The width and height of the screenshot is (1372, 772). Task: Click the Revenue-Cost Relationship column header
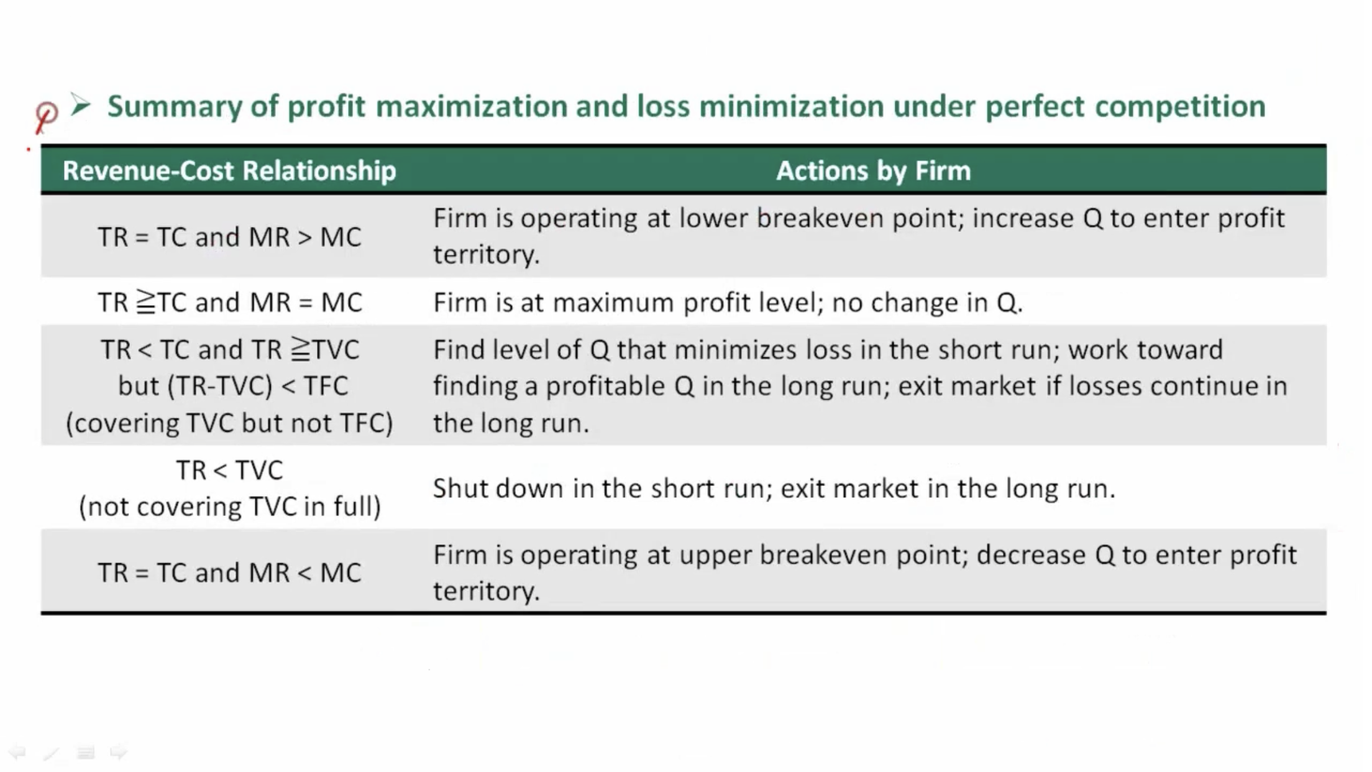[x=229, y=170]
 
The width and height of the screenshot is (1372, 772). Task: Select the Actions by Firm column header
[x=873, y=170]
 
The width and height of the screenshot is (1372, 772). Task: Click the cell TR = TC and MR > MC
[x=229, y=237]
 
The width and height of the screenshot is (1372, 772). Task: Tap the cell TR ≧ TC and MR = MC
[x=229, y=303]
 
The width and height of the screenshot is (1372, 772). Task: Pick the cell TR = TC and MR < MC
[x=229, y=572]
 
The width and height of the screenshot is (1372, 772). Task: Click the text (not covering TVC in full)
[x=229, y=507]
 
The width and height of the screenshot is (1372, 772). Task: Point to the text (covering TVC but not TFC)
[x=229, y=423]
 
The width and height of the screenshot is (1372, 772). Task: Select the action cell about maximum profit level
[x=728, y=303]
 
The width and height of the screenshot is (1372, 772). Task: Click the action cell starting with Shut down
[x=774, y=489]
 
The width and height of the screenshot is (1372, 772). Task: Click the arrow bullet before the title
[x=81, y=105]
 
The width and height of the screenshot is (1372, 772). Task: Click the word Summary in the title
[x=175, y=107]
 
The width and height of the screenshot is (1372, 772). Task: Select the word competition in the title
[x=1180, y=107]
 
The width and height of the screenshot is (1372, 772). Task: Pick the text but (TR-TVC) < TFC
[x=233, y=387]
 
